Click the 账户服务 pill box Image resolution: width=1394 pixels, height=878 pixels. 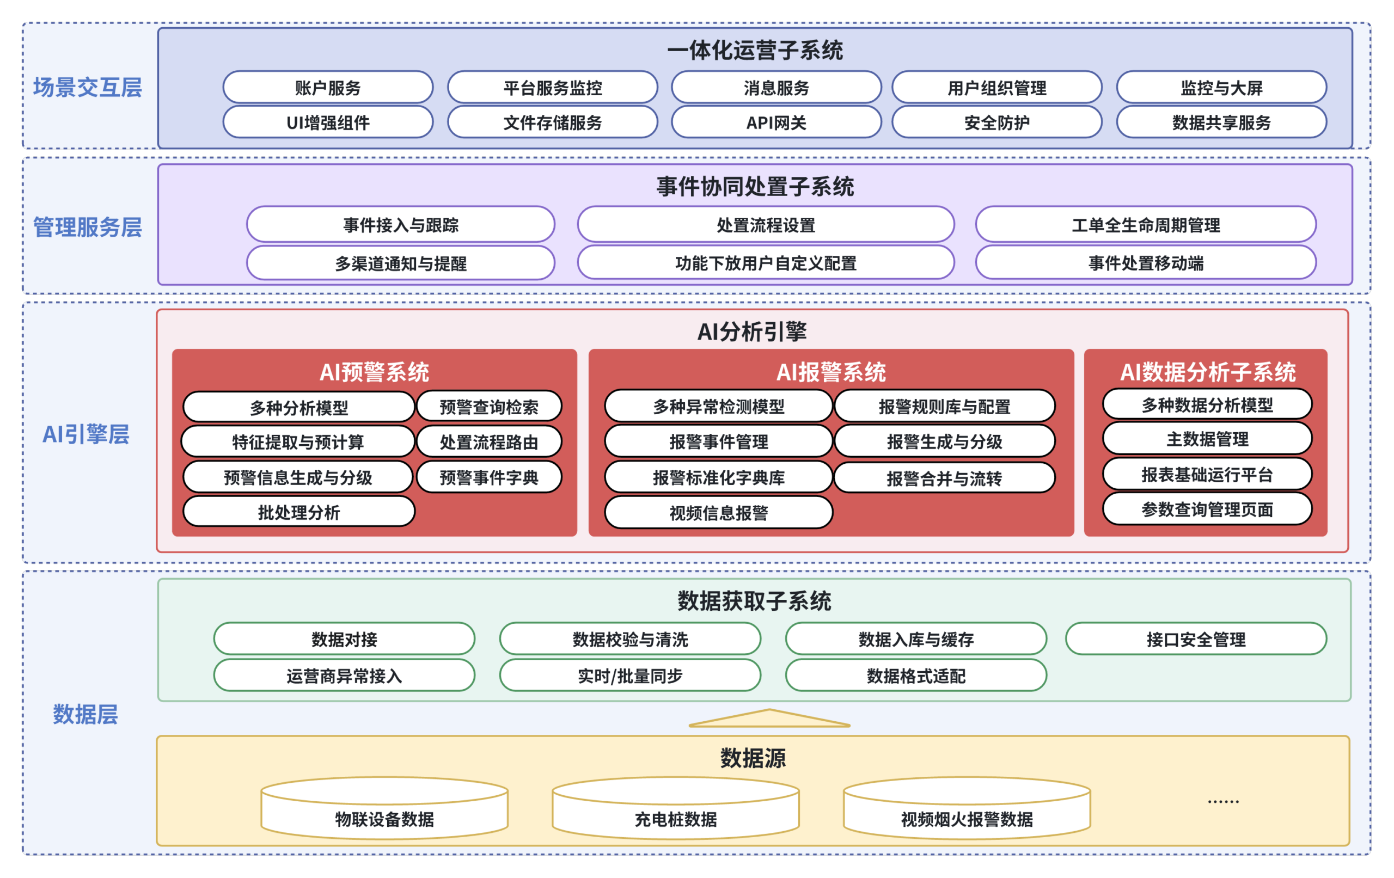point(328,88)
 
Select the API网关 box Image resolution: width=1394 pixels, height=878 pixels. point(776,122)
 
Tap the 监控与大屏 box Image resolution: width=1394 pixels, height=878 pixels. point(1221,88)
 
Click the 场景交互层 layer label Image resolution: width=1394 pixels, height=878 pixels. point(88,88)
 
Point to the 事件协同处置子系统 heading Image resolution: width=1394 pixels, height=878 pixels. point(755,186)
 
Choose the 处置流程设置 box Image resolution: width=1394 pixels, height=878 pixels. point(765,225)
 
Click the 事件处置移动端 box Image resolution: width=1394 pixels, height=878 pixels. point(1145,263)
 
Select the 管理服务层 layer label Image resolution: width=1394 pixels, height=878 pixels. point(88,227)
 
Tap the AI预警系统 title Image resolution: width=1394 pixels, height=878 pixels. point(374,372)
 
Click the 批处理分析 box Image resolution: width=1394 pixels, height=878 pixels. point(299,512)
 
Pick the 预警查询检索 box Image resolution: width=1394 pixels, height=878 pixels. point(488,406)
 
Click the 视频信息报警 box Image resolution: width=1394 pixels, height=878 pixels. point(718,512)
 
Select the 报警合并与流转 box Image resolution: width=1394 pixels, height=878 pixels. point(944,478)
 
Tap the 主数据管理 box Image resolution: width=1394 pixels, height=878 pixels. point(1207,439)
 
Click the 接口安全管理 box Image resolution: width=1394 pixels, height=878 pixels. point(1195,639)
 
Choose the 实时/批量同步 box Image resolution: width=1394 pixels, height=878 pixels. point(630,676)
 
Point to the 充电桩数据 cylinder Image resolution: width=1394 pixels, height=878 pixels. point(675,811)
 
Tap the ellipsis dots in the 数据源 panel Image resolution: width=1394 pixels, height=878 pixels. point(1222,801)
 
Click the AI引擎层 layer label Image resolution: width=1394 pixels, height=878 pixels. point(85,433)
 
